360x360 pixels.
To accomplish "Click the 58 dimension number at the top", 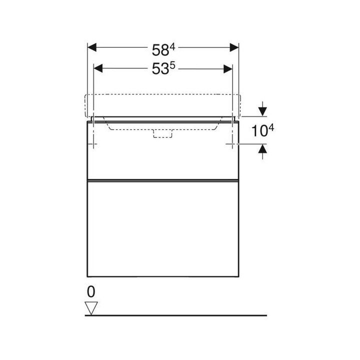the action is coord(160,50).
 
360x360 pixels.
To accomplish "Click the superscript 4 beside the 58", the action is coord(172,47).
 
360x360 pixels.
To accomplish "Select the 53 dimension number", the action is coord(160,69).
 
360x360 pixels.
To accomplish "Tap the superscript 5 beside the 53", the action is coord(172,66).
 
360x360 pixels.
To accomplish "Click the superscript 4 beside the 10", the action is coord(271,128).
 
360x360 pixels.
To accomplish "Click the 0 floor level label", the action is coord(91,292).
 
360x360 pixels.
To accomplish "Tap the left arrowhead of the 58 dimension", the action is coord(92,47).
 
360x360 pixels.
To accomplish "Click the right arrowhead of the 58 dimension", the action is coord(234,47).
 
